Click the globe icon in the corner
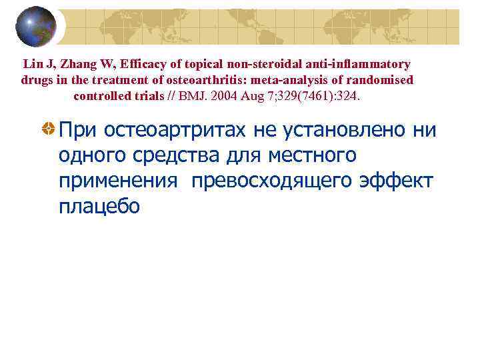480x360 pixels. tap(35, 26)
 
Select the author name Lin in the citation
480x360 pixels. tap(33, 65)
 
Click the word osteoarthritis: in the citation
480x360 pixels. tap(217, 80)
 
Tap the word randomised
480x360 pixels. tap(383, 80)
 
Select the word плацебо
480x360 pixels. tap(99, 207)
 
